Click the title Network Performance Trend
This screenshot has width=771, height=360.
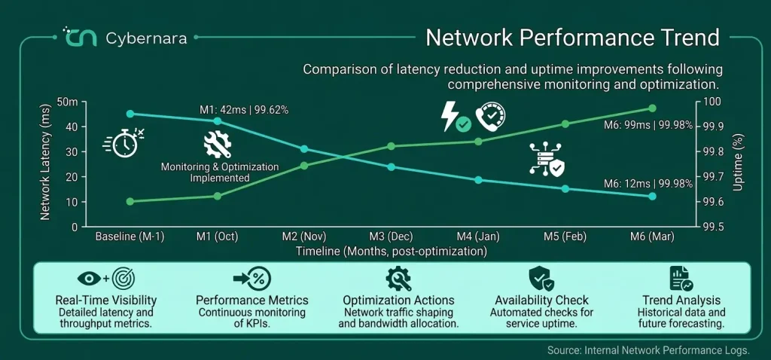(x=572, y=38)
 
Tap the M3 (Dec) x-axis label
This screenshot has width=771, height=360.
(x=392, y=236)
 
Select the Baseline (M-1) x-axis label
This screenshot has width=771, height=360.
(x=130, y=236)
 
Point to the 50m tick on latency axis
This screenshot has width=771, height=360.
(x=67, y=102)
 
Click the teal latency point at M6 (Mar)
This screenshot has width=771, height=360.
(x=653, y=196)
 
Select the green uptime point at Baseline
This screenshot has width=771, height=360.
(x=130, y=201)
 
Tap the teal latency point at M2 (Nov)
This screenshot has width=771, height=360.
(x=304, y=149)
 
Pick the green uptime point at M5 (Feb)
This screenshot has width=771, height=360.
(x=565, y=124)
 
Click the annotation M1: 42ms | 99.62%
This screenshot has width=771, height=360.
(x=244, y=110)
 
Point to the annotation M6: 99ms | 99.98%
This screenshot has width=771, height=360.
(x=648, y=126)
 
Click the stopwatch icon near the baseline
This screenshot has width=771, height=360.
(x=124, y=142)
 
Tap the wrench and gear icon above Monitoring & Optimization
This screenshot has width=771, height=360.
(x=218, y=145)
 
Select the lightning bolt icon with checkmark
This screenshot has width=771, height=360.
(x=456, y=117)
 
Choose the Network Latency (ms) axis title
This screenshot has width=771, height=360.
(x=44, y=162)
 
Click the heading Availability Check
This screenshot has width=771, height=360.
(x=541, y=300)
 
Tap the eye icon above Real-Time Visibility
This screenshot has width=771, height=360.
(x=90, y=279)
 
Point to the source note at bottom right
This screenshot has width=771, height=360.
(x=648, y=350)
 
